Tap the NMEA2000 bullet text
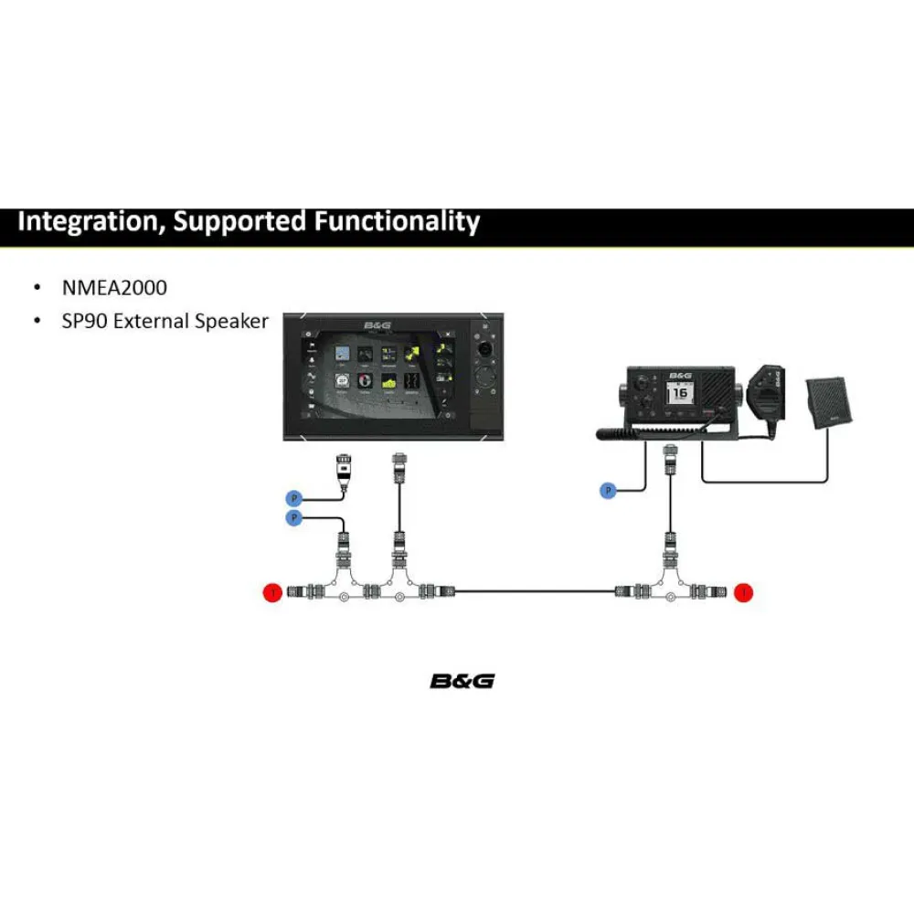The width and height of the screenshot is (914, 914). (x=114, y=288)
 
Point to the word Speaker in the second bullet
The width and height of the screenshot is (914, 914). (x=232, y=321)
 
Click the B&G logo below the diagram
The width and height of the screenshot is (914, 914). (x=462, y=681)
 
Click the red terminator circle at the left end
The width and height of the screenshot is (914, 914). (x=271, y=593)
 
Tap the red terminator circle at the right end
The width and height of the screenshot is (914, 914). (x=745, y=593)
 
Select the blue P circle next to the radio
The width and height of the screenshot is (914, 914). (x=608, y=492)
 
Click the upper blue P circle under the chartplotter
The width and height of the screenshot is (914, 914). (x=294, y=498)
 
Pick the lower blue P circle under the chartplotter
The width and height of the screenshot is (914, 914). (x=294, y=518)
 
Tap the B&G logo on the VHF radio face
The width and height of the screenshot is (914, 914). (x=680, y=375)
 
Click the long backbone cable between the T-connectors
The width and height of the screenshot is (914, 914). (x=535, y=592)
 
